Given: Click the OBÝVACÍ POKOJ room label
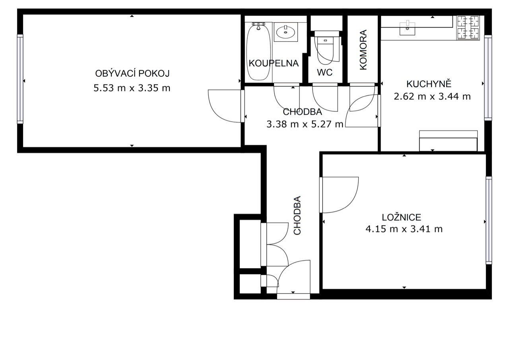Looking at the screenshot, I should [x=132, y=74].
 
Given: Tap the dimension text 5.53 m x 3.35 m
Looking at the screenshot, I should [x=132, y=88].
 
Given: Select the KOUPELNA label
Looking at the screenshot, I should [x=274, y=63].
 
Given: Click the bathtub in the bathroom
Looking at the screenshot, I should [x=259, y=52].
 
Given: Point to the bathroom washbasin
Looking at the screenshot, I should [x=286, y=32].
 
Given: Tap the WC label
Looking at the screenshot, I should [x=324, y=73].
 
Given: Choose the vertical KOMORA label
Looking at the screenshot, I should [x=363, y=50].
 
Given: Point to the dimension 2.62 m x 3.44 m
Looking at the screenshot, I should [x=432, y=96].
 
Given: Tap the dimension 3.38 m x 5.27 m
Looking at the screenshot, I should [x=305, y=124].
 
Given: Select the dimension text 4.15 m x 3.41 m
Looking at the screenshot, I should [x=404, y=229].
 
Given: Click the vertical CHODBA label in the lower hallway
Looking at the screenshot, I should [x=297, y=215].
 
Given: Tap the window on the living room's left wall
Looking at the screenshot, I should [x=20, y=79].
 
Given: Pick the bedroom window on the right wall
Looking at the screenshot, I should [x=489, y=220].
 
